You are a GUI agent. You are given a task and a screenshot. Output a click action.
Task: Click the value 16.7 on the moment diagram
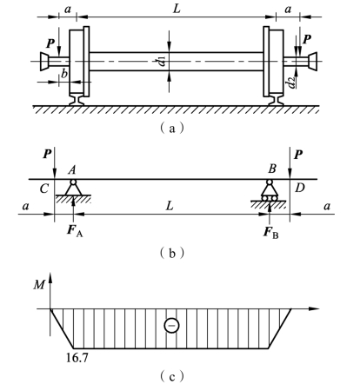coord(77,358)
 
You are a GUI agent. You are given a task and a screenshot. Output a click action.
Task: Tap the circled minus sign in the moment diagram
coord(171,326)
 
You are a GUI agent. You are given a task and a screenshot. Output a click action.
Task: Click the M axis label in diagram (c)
coord(39,285)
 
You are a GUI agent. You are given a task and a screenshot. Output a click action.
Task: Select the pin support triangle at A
coord(72,188)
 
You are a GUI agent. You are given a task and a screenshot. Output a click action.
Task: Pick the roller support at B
coord(270,190)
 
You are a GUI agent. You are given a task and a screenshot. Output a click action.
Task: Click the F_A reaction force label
coord(75,231)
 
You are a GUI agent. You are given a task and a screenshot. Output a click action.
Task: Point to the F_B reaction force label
coord(270,233)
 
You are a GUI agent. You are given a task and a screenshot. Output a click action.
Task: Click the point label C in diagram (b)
coord(44,189)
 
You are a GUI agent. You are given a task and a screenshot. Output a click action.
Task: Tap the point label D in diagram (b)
coord(300,189)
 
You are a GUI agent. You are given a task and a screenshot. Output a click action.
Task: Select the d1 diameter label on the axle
coord(161,62)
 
